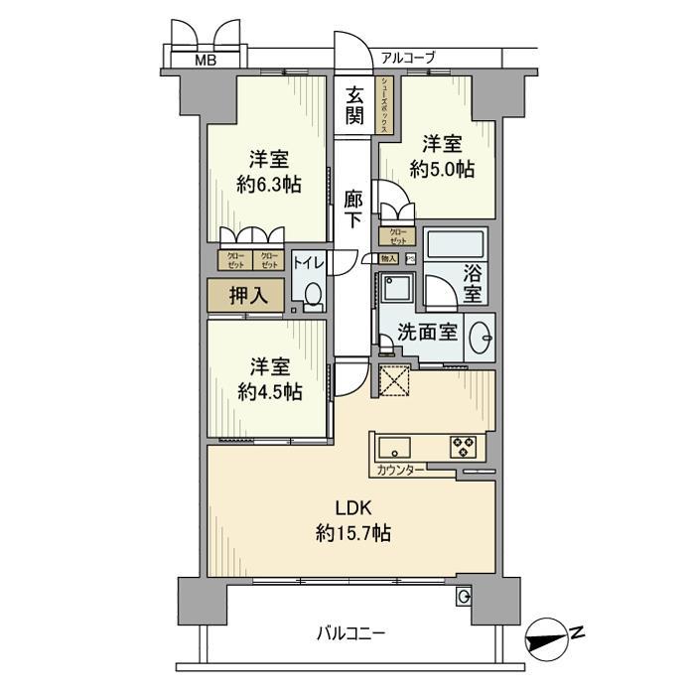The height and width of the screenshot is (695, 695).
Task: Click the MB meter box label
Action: [x=204, y=60]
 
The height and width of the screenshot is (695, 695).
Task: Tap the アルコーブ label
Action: [x=407, y=58]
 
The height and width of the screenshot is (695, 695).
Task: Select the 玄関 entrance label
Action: [x=354, y=105]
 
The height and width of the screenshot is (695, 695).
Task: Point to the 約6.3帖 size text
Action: [x=269, y=184]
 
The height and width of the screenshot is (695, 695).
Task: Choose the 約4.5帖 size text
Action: [x=269, y=391]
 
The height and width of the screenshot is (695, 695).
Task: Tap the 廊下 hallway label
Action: [x=353, y=208]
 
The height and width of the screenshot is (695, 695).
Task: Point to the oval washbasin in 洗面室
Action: [x=480, y=335]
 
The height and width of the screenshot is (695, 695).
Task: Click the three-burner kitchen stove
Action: [x=464, y=447]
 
